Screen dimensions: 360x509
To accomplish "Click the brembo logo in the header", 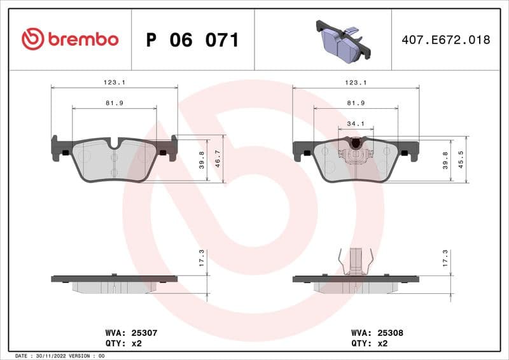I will pyautogui.click(x=70, y=39).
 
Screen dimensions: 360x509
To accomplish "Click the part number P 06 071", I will pyautogui.click(x=192, y=40).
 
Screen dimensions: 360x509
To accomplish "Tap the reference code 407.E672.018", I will pyautogui.click(x=445, y=39).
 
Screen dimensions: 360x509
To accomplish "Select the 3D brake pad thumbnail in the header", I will pyautogui.click(x=342, y=39).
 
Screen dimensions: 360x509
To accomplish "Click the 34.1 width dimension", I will pyautogui.click(x=355, y=123).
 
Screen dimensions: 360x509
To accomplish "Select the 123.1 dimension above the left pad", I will pyautogui.click(x=114, y=82).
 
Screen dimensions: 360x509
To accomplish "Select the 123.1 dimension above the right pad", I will pyautogui.click(x=355, y=82).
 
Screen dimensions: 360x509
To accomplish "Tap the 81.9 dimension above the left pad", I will pyautogui.click(x=114, y=103).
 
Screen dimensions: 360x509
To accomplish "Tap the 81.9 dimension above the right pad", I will pyautogui.click(x=355, y=103).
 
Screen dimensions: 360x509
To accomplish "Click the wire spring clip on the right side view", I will pyautogui.click(x=355, y=261).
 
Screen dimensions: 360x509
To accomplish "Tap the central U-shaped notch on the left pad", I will pyautogui.click(x=114, y=144).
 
